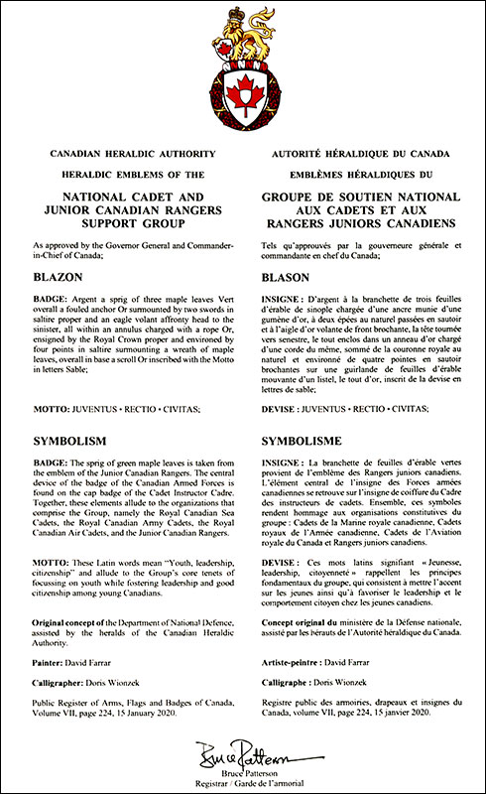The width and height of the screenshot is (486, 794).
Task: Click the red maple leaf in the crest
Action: [x=242, y=96]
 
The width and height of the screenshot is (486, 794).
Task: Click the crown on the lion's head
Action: [x=238, y=15]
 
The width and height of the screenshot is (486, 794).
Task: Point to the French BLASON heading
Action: [x=284, y=277]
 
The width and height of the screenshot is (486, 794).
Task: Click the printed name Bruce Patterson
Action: [x=242, y=769]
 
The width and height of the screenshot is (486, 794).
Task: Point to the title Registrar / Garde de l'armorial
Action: [x=242, y=780]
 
